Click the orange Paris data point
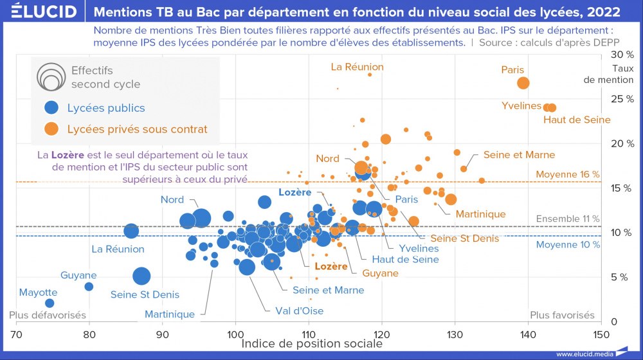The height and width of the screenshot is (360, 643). coord(523,83)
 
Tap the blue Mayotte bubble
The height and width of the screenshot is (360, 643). coord(50,303)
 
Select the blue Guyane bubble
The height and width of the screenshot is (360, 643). coord(89,287)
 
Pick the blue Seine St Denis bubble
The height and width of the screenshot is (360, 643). coord(141,276)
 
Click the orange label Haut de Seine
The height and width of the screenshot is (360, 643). coord(577,120)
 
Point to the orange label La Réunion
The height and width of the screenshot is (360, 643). coord(357,67)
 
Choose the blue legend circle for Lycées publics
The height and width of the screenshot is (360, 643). coord(52,108)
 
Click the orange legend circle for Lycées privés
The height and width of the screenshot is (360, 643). coord(52,129)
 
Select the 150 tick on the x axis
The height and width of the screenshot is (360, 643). coord(601,334)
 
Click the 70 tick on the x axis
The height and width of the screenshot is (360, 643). coord(17,334)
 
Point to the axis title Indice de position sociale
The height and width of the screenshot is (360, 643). coord(312,344)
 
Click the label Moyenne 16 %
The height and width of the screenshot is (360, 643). coord(568,174)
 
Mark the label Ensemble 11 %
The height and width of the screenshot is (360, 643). coord(568,219)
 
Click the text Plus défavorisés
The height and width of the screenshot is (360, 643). coord(48,315)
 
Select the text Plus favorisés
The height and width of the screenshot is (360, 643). coord(562,315)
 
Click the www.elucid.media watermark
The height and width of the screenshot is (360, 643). coord(584,354)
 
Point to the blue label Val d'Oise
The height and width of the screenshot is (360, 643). coord(299,310)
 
